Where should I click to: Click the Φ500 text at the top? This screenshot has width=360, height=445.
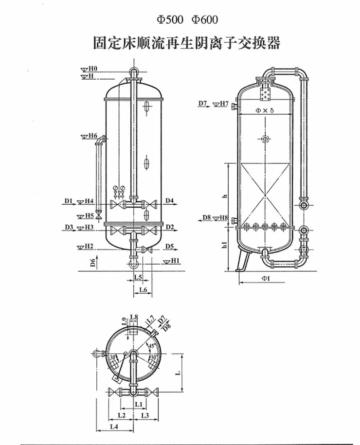point(168,20)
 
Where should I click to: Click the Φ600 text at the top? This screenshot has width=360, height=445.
point(201,20)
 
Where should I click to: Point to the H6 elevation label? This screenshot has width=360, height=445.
point(92,135)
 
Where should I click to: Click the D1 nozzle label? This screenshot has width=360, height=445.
point(68,200)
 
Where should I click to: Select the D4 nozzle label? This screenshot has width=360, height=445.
point(169,200)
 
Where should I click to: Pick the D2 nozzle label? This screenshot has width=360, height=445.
point(169,227)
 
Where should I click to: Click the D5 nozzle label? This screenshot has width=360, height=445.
point(169,247)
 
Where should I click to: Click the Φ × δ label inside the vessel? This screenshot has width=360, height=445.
point(265,110)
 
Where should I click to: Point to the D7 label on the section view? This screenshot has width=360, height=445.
point(203,104)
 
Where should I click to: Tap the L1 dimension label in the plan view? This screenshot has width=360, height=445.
point(138,404)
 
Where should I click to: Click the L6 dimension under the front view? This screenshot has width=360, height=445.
point(143,289)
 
